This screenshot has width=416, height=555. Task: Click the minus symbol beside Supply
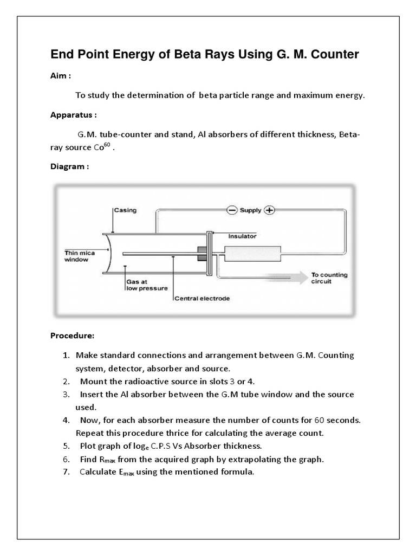click(232, 210)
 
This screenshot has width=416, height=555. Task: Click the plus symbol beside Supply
click(269, 210)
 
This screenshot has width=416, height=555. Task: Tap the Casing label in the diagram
click(125, 210)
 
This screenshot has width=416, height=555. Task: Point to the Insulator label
click(242, 236)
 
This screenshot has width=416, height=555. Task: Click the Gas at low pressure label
click(146, 285)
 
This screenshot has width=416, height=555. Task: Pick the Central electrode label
click(202, 298)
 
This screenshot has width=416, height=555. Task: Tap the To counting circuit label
click(329, 278)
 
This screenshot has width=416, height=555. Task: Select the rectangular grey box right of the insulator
click(253, 254)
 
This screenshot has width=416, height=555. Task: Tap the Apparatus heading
click(73, 115)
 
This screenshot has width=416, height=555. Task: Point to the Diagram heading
click(69, 166)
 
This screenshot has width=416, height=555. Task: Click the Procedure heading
click(72, 335)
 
